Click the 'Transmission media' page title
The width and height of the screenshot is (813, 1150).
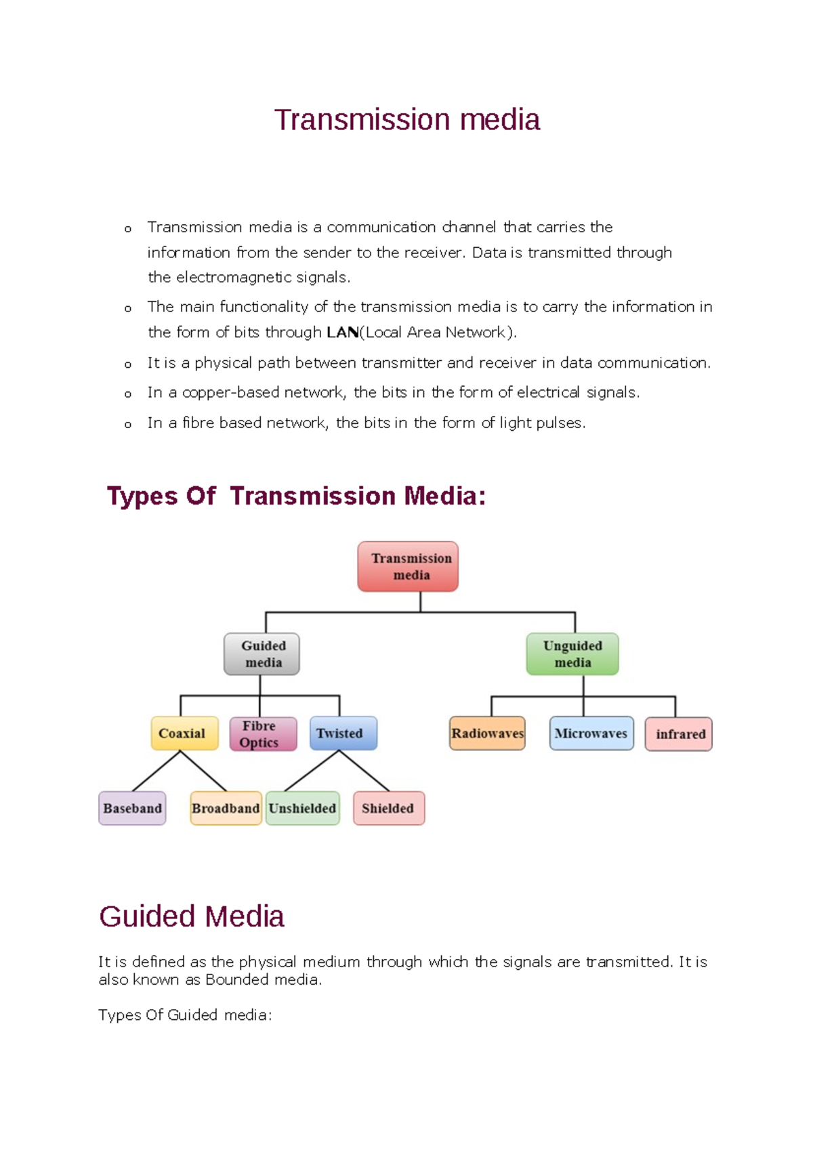point(406,120)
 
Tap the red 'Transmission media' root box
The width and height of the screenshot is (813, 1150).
point(408,566)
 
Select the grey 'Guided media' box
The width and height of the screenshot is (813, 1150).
point(262,654)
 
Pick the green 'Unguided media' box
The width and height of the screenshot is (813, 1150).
point(572,654)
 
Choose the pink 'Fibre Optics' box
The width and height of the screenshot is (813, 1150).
point(263,733)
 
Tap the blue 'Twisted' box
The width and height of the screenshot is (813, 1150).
point(343,733)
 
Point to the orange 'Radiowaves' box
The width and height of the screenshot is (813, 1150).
point(487,733)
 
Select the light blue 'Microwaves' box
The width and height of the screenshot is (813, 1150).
point(591,733)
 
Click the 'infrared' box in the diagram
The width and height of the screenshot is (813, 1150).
point(679,733)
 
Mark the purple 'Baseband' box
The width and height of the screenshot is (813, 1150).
point(132,808)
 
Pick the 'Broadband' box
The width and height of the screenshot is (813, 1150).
point(226,808)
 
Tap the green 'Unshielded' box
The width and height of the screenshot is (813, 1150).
point(302,808)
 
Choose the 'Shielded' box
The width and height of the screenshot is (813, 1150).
point(389,808)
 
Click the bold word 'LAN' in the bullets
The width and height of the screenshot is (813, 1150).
point(342,333)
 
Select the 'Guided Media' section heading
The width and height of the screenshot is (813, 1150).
point(192,916)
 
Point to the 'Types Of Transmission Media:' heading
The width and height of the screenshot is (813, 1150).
point(296,496)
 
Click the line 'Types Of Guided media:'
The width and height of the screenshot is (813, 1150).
point(185,1015)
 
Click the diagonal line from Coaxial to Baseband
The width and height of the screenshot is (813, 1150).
point(156,771)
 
